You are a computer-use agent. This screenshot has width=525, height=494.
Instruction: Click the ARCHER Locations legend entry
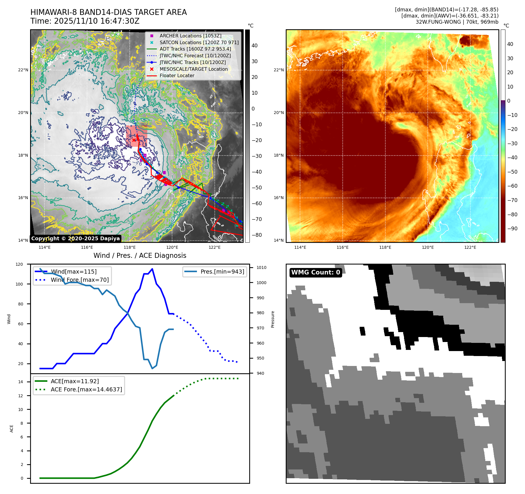[x=190, y=36]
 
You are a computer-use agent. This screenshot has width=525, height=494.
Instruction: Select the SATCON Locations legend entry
[x=199, y=42]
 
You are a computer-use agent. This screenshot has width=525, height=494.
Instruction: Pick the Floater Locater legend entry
[x=177, y=75]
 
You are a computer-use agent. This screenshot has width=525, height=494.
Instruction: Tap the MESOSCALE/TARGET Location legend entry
[x=193, y=69]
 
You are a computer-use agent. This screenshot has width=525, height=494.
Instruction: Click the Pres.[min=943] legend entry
[x=222, y=272]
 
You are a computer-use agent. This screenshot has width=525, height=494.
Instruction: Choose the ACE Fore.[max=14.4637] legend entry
[x=86, y=389]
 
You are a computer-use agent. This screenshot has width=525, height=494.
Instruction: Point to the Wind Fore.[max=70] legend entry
[x=79, y=280]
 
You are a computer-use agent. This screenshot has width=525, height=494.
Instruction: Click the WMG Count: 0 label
[x=316, y=272]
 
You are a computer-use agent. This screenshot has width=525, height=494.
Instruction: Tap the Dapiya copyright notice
[x=75, y=239]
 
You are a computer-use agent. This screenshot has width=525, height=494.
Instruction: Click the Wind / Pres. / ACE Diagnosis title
[x=140, y=255]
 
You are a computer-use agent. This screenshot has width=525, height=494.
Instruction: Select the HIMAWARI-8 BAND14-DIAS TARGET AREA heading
[x=108, y=12]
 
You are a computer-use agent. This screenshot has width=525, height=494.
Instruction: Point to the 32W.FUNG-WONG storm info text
[x=457, y=22]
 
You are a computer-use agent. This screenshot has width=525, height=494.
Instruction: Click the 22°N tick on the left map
[x=23, y=70]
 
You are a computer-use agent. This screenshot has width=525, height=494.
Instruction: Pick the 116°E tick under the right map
[x=342, y=247]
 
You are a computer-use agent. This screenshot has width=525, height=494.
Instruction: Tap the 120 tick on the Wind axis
[x=19, y=264]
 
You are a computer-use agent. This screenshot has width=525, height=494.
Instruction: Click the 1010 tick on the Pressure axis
[x=261, y=267]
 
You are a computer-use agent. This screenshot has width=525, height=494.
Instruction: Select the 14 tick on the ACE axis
[x=21, y=382]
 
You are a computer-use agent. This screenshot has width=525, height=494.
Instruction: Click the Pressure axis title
[x=273, y=319]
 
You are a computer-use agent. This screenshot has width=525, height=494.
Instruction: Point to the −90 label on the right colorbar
[x=512, y=229]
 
